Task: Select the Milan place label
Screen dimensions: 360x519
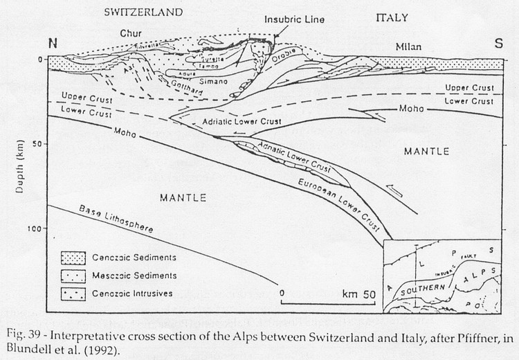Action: [x=408, y=47]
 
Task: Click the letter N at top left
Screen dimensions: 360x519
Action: [x=52, y=43]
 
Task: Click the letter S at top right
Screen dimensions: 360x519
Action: [x=497, y=43]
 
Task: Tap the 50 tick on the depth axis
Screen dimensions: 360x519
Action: [x=39, y=144]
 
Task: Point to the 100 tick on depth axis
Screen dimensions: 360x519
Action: [x=37, y=228]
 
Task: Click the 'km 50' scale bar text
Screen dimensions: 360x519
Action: [x=358, y=294]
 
